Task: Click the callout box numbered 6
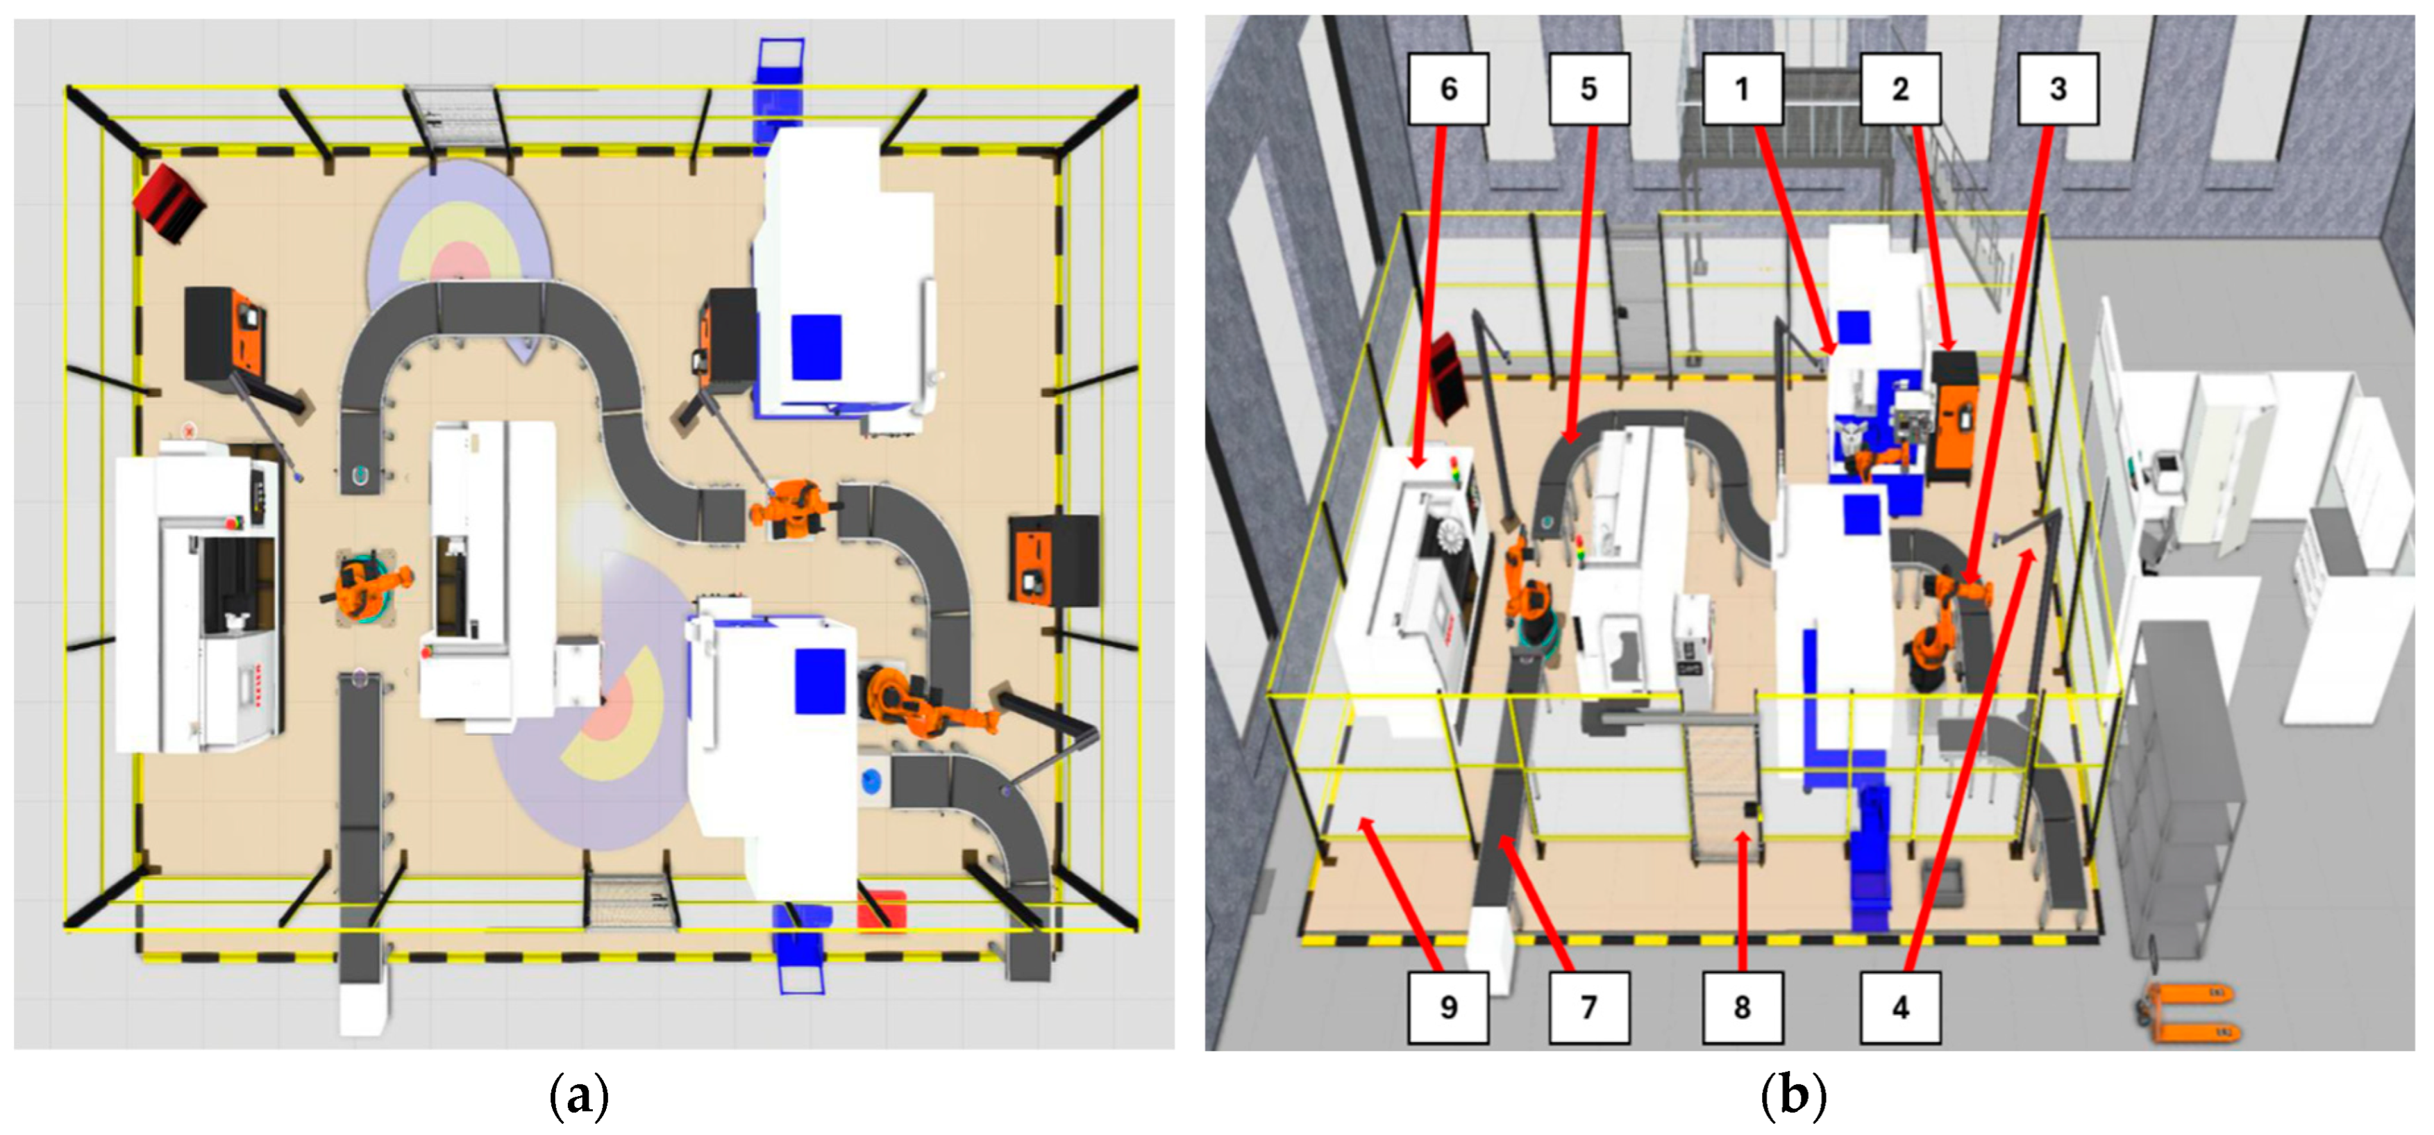click(x=1448, y=89)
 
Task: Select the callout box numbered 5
click(x=1589, y=89)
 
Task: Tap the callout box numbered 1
click(x=1743, y=89)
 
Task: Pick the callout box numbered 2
click(x=1900, y=89)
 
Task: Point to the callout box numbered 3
click(x=2058, y=89)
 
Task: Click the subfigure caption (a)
click(x=579, y=1096)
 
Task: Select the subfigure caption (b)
click(x=1793, y=1096)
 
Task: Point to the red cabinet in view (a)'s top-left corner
click(x=169, y=201)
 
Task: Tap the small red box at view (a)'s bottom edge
click(x=882, y=909)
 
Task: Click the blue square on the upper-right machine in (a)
click(x=816, y=347)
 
